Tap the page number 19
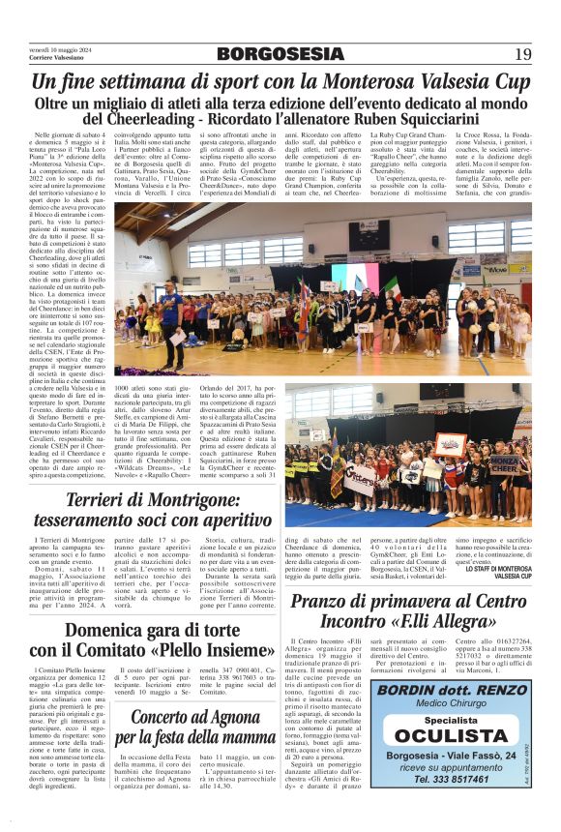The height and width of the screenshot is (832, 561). tap(522, 53)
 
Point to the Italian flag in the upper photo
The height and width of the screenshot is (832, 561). tap(392, 285)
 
